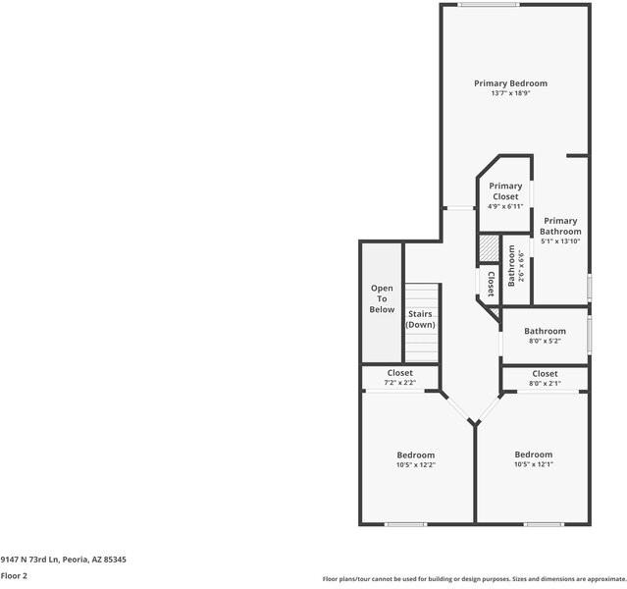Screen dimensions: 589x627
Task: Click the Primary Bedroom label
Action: point(510,83)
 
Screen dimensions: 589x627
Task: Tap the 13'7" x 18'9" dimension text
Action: point(510,94)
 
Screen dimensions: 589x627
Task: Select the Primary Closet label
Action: point(505,191)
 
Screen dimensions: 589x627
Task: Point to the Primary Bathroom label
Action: point(560,227)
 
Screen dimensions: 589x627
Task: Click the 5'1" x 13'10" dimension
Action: point(560,241)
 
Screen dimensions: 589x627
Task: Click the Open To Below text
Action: point(382,299)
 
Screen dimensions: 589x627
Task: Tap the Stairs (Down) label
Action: point(421,320)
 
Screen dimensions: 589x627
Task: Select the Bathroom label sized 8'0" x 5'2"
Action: point(545,332)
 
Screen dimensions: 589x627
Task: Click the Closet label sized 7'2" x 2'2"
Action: point(399,373)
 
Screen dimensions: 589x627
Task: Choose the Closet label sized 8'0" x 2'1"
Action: point(545,374)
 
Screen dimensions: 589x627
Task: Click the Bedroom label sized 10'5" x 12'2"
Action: point(415,455)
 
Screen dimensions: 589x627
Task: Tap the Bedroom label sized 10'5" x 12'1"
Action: point(534,455)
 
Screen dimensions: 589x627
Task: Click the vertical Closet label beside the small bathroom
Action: point(491,283)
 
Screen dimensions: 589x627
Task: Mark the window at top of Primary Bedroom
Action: point(489,5)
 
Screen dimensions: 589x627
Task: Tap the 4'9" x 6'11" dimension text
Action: point(505,207)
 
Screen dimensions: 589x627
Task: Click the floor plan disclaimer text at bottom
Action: point(474,579)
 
